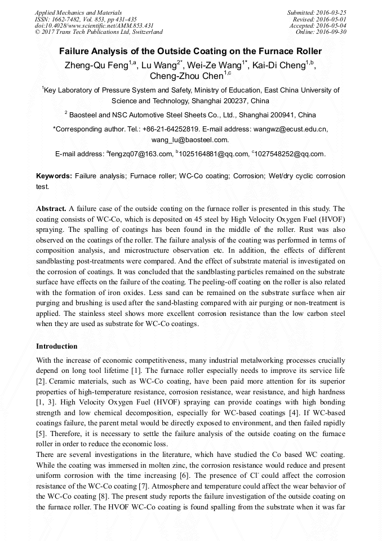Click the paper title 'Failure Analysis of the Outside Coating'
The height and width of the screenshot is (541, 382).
(190, 51)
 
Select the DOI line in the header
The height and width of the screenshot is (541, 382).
(94, 25)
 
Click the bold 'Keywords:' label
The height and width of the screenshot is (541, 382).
(54, 176)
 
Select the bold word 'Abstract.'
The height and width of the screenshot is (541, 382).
(51, 208)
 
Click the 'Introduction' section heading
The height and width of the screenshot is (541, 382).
(56, 346)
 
